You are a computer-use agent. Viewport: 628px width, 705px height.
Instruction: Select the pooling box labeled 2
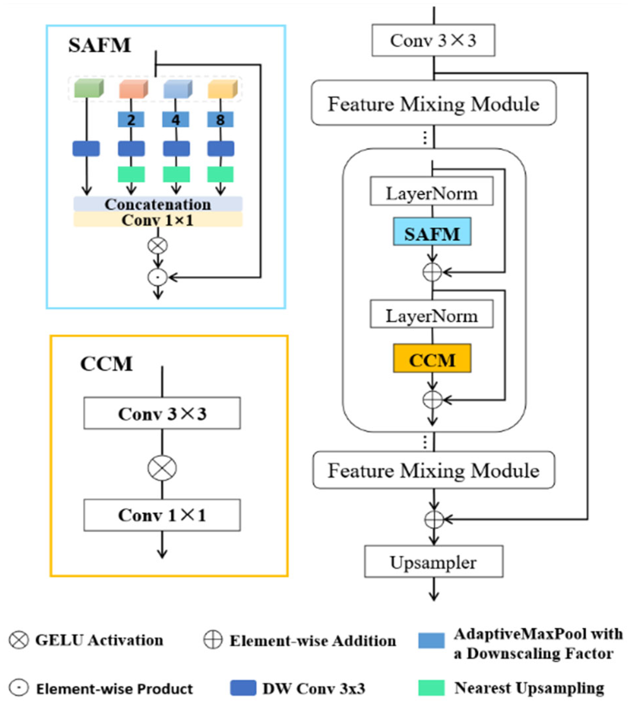131,120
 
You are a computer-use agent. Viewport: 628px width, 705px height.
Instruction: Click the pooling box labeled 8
220,120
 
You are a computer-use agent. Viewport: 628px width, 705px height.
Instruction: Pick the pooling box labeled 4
176,120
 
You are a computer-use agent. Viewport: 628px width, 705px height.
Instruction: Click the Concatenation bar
158,204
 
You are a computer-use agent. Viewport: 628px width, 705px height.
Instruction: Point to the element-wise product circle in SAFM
158,277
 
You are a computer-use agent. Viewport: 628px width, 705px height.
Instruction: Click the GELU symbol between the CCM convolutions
162,468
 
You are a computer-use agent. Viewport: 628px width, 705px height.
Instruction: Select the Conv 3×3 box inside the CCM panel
162,413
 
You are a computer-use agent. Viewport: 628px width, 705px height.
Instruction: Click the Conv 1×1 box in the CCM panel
162,515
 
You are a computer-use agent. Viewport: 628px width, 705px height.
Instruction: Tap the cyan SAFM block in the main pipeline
432,232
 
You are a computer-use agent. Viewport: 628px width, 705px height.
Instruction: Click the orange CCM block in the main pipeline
432,358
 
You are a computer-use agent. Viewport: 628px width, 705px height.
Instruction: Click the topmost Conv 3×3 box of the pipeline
433,40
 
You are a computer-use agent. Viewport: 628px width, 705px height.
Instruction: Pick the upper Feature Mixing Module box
434,103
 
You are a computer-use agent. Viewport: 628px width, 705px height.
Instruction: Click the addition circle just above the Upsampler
434,519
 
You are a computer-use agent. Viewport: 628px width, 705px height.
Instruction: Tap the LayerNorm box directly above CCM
431,314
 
